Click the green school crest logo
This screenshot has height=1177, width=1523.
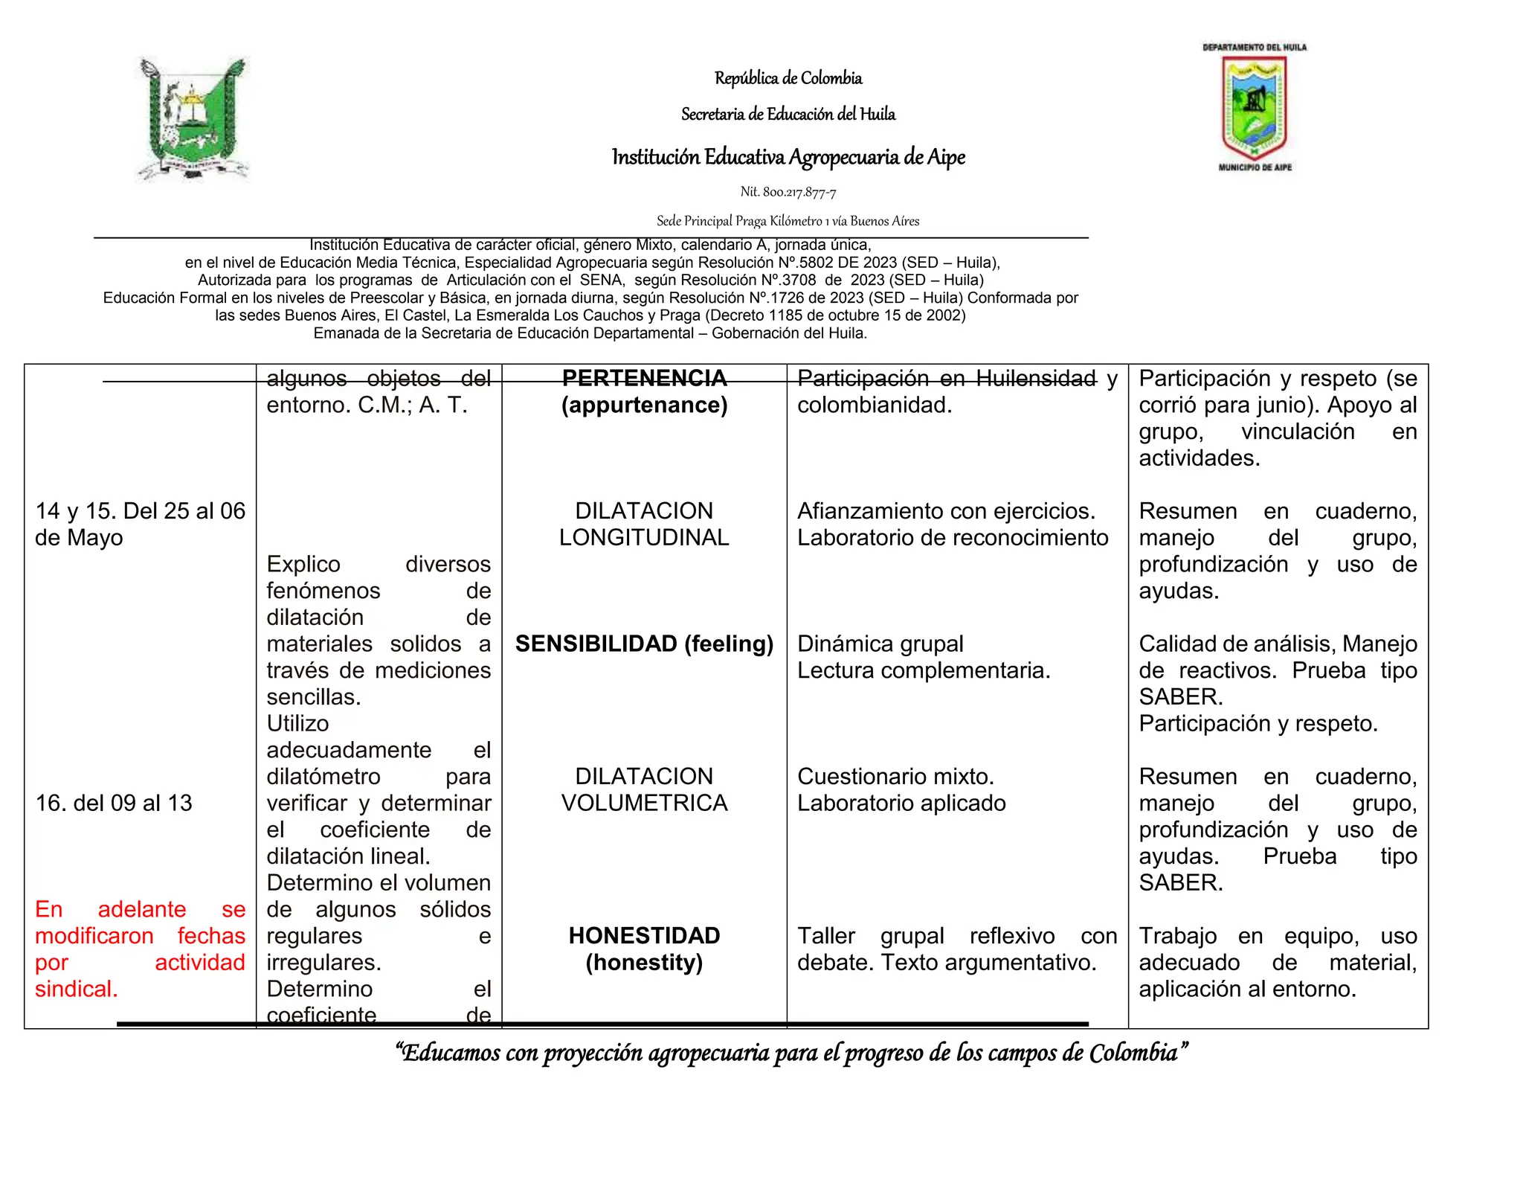tap(193, 119)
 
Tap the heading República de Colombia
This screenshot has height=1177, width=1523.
tap(788, 78)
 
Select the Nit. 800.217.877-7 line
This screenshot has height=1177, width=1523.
tap(788, 192)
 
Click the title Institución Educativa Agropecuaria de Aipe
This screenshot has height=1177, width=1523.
tap(788, 157)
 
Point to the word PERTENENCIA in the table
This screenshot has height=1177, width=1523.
tap(644, 378)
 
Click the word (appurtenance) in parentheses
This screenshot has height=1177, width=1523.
tap(644, 405)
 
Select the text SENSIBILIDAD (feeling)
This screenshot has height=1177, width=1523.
tap(644, 644)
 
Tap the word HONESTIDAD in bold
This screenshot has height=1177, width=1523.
tap(644, 935)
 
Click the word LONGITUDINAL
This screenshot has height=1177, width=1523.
tap(644, 537)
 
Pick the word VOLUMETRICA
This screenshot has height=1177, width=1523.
tap(644, 803)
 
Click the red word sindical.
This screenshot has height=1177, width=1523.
tap(77, 989)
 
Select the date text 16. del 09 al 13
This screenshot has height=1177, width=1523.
tap(114, 803)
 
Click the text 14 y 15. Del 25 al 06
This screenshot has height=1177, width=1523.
tap(140, 511)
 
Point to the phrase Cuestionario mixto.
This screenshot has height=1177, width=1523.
tap(895, 776)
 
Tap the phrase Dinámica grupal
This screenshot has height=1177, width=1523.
tap(880, 644)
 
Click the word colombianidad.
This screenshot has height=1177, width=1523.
tap(874, 405)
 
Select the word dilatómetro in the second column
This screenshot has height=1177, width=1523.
tap(323, 776)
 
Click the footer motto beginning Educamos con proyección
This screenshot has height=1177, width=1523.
tap(791, 1053)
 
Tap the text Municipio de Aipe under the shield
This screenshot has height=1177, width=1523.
tap(1255, 167)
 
